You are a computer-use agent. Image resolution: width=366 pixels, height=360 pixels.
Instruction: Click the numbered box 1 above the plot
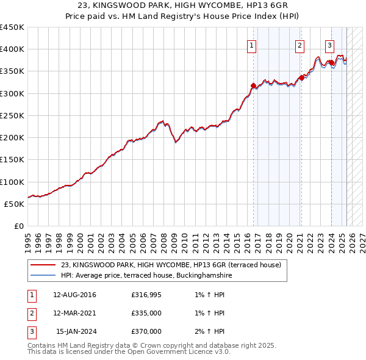251,44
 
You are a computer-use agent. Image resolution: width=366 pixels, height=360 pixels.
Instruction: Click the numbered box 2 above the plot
300,44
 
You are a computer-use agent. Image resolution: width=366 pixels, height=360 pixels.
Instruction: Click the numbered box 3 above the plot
329,44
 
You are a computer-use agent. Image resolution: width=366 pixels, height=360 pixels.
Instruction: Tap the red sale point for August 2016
254,85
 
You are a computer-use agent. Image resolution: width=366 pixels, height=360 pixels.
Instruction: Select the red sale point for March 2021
301,77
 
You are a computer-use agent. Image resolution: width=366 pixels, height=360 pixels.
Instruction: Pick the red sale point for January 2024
331,62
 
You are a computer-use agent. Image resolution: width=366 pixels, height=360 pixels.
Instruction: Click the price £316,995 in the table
146,295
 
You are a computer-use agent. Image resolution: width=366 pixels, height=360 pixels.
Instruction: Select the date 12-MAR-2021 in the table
74,313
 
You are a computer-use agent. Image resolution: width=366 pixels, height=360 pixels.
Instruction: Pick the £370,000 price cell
146,331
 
